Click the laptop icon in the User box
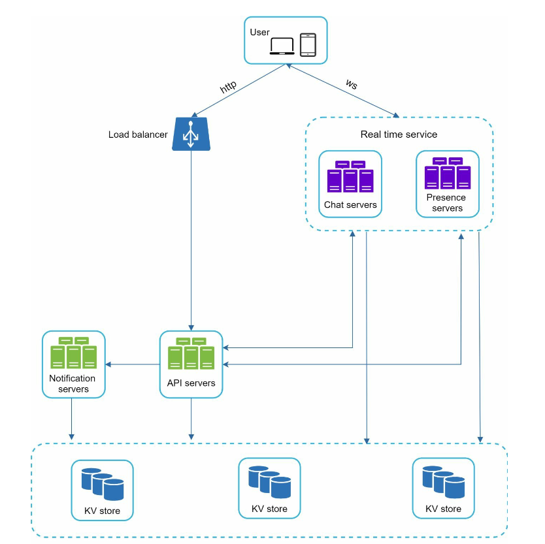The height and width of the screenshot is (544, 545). tap(282, 46)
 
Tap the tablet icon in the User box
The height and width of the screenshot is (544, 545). tap(308, 44)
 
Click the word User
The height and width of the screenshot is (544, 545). tap(259, 32)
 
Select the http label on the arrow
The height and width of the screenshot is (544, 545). tap(228, 87)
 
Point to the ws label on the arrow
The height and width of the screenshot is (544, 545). tap(352, 84)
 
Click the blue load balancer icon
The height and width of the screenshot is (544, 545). tap(191, 134)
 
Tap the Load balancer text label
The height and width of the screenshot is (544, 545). tap(138, 135)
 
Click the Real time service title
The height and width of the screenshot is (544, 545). tap(399, 135)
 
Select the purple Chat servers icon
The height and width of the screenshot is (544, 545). tap(350, 176)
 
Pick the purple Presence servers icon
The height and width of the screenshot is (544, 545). tap(448, 173)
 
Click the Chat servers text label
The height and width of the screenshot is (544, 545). tap(350, 205)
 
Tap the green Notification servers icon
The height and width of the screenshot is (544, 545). tap(74, 353)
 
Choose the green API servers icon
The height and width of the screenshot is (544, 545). tap(191, 353)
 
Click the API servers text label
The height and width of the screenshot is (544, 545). tap(191, 383)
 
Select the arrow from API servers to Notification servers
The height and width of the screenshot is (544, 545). tap(133, 364)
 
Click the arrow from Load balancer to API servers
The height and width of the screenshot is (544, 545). tap(191, 240)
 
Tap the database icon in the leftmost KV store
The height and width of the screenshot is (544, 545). tap(103, 485)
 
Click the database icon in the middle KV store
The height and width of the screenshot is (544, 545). tap(270, 482)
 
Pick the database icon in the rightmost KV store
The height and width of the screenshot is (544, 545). tap(444, 482)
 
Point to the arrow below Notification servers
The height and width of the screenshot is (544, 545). tap(72, 419)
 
